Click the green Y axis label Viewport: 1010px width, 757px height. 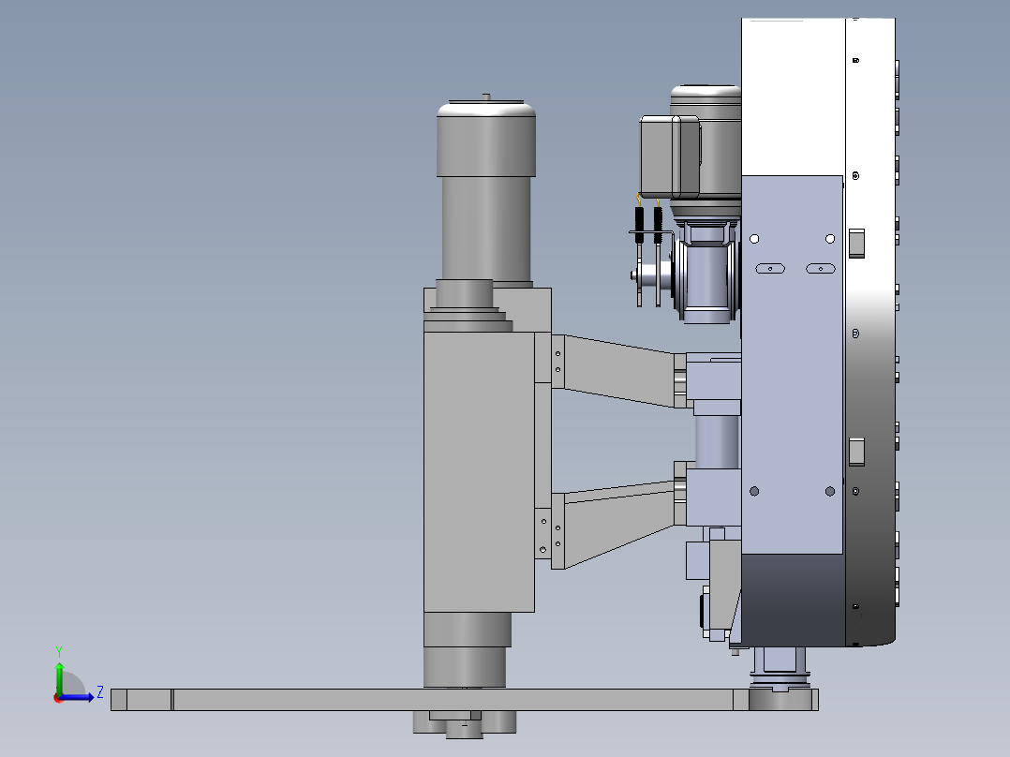pyautogui.click(x=59, y=651)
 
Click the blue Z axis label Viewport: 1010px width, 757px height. pyautogui.click(x=100, y=692)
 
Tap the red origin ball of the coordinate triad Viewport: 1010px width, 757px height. pyautogui.click(x=58, y=698)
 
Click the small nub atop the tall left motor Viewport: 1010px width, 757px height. pyautogui.click(x=486, y=97)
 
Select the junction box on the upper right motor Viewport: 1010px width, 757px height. pyautogui.click(x=670, y=156)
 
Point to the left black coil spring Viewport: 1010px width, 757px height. pyautogui.click(x=639, y=225)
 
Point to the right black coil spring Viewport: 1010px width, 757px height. pyautogui.click(x=658, y=225)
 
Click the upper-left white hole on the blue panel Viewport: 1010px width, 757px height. pyautogui.click(x=754, y=239)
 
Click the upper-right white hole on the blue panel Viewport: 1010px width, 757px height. pyautogui.click(x=830, y=239)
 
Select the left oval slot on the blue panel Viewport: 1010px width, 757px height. pyautogui.click(x=770, y=269)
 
